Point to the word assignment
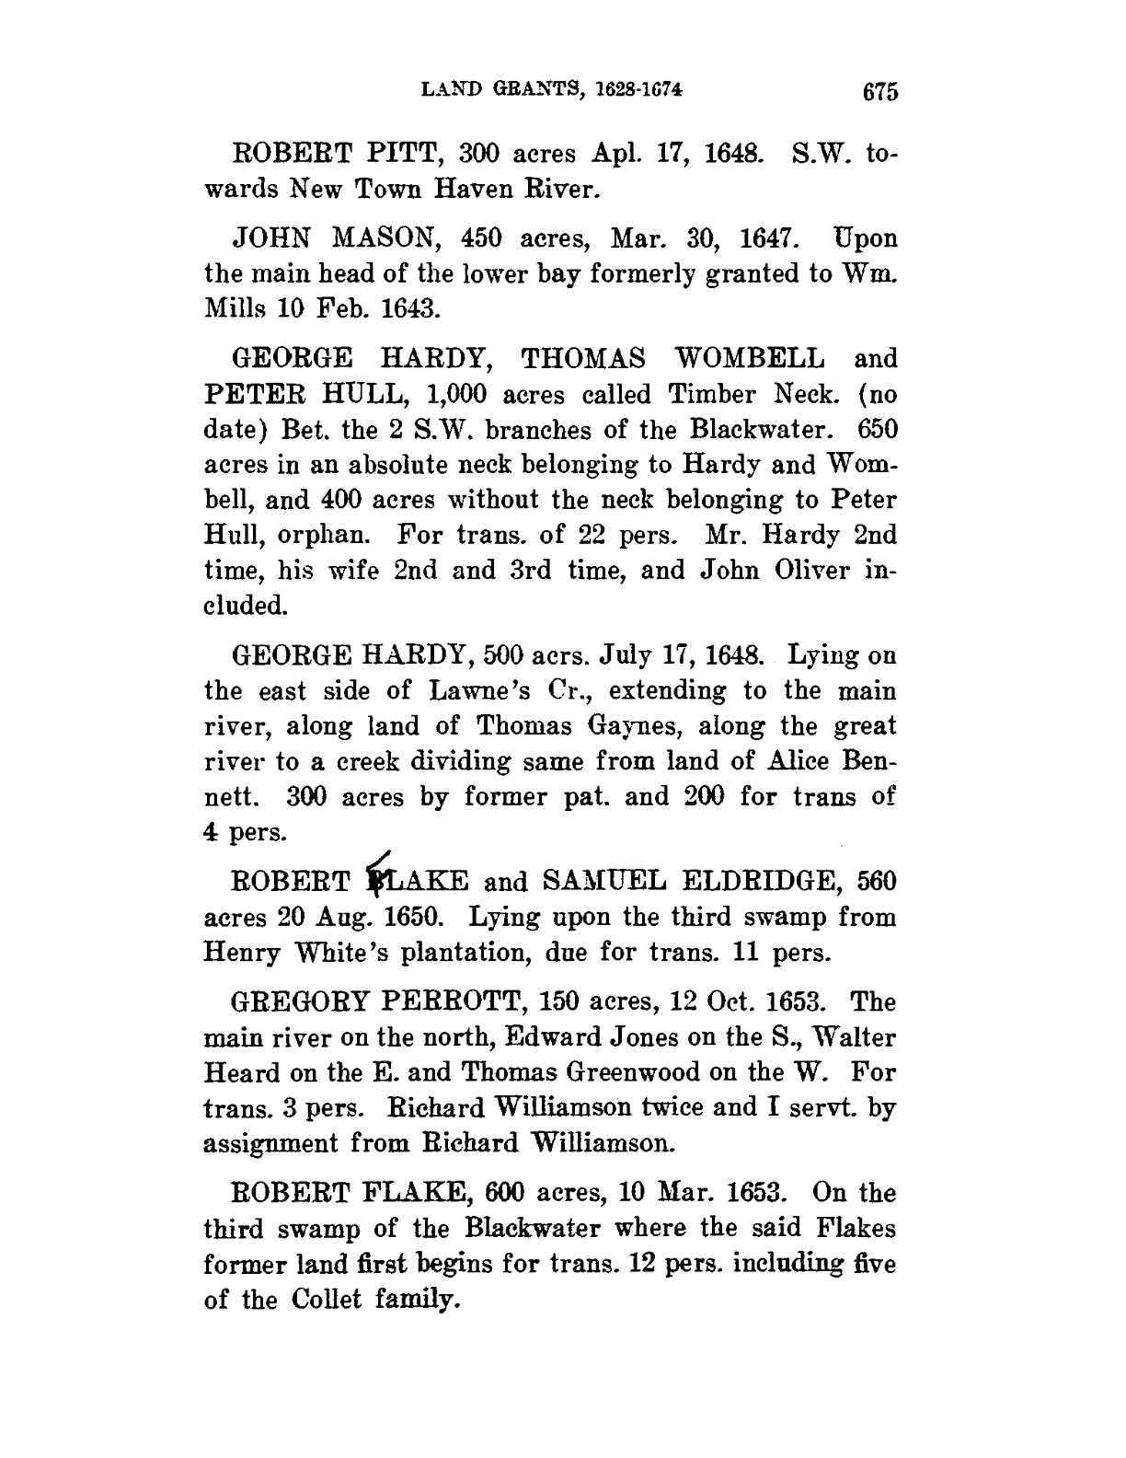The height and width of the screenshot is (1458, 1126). tap(269, 1144)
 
